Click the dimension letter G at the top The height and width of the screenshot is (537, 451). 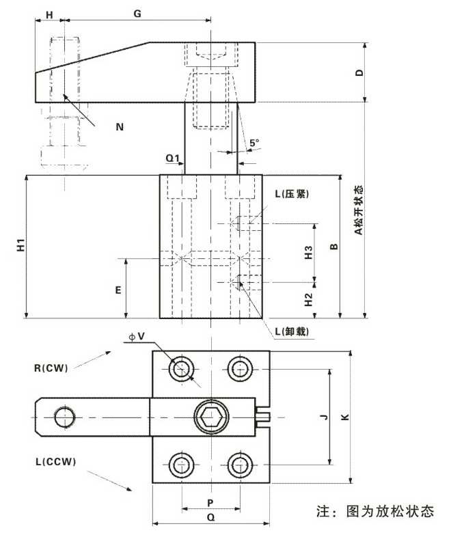point(137,13)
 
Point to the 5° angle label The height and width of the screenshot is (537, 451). point(254,143)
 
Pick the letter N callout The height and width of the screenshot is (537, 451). point(120,126)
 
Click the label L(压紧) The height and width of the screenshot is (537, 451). point(292,193)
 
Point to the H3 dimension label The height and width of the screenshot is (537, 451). point(308,252)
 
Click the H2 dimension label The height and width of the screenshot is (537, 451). point(308,299)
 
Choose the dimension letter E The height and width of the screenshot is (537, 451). point(118,290)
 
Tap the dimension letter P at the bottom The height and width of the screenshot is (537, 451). point(210,501)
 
